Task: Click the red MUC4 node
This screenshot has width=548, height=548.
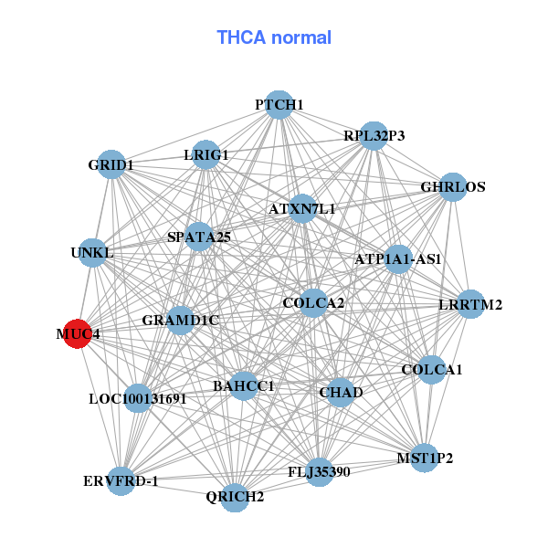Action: [x=79, y=334]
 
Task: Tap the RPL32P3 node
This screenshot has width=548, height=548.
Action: [x=374, y=136]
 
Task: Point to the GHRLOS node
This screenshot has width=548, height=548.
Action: [x=453, y=187]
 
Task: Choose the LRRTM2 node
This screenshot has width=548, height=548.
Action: [x=470, y=304]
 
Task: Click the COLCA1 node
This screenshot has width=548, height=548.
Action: [x=432, y=370]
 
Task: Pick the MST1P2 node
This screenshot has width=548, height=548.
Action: [x=425, y=457]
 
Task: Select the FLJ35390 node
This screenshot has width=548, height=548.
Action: [x=318, y=471]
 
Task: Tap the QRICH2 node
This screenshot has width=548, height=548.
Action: [x=236, y=497]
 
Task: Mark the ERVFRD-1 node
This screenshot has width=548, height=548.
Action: [x=121, y=480]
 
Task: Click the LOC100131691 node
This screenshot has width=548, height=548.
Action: [x=137, y=398]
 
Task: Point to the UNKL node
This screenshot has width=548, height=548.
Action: [x=92, y=252]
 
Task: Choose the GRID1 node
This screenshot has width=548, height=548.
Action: [x=111, y=165]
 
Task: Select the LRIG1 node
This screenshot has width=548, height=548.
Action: [x=206, y=154]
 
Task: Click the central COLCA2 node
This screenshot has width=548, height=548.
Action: [x=313, y=303]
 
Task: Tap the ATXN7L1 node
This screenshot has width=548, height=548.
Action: [x=302, y=209]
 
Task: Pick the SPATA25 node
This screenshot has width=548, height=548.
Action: [x=198, y=237]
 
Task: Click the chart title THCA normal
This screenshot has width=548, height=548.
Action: [x=274, y=37]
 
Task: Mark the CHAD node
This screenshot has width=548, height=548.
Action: [x=341, y=392]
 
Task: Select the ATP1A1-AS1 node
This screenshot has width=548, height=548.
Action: [x=398, y=259]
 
